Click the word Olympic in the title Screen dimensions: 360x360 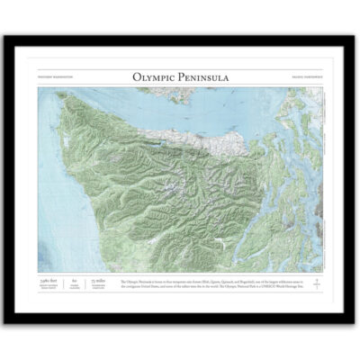154,78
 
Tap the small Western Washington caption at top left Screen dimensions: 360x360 52,79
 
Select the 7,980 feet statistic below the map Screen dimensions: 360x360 50,282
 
